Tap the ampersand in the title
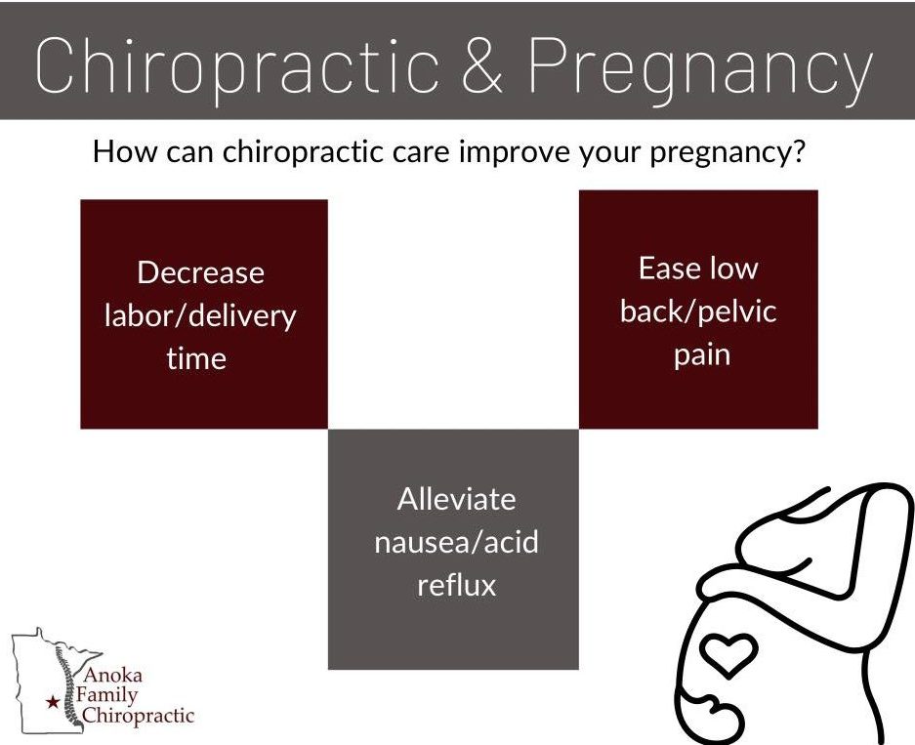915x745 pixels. tap(482, 65)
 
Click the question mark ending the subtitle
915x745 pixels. tap(799, 150)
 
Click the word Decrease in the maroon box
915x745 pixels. tap(201, 272)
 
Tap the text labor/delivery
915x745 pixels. tap(201, 316)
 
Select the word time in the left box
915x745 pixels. tap(196, 358)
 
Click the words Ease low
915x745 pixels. tap(698, 269)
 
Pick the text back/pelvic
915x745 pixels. tap(698, 311)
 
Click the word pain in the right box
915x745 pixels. tap(702, 355)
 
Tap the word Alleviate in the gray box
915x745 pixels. tap(456, 499)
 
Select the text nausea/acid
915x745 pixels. tap(456, 543)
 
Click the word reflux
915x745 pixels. tap(456, 585)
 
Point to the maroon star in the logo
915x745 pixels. tap(53, 701)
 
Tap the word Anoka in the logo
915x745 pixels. tap(113, 675)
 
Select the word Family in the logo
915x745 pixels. tap(106, 695)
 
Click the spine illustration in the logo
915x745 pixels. tap(68, 685)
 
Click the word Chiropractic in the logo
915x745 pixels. tap(138, 716)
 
